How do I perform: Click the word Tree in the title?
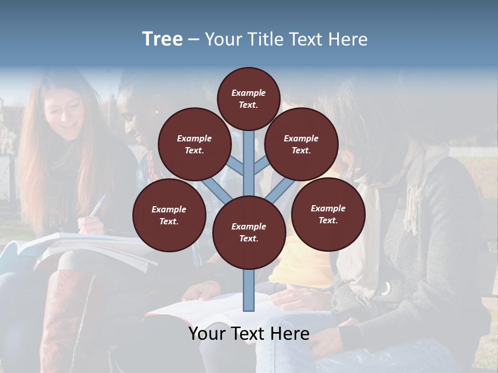[162, 39]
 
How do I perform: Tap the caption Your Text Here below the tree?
[248, 334]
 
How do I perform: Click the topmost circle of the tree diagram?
[248, 98]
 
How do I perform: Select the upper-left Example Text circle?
[194, 144]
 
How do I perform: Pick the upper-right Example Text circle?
[301, 144]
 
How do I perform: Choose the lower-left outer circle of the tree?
[169, 215]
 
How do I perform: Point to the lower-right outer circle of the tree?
[328, 214]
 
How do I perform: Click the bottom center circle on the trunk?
[248, 232]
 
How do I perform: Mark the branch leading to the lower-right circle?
[280, 190]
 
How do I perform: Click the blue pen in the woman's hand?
[97, 205]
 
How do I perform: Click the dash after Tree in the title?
[193, 40]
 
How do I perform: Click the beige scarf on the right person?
[415, 192]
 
